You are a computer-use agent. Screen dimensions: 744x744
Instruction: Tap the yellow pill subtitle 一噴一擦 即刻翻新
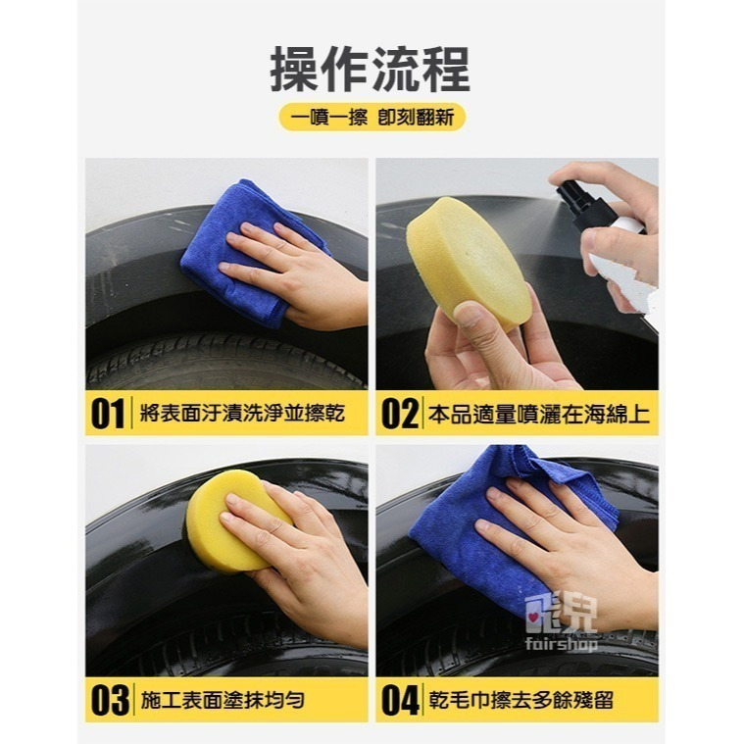(x=372, y=117)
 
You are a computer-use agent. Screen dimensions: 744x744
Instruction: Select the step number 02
(x=399, y=414)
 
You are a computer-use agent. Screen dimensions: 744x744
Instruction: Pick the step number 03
(x=108, y=700)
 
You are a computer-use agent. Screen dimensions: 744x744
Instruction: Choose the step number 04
(x=399, y=700)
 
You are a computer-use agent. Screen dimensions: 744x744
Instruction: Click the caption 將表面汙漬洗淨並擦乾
(x=240, y=414)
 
